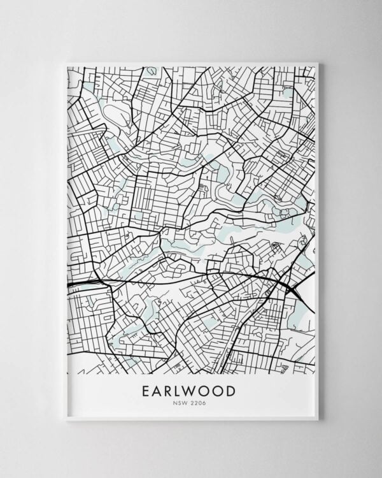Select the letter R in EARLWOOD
172,391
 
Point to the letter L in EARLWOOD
183,391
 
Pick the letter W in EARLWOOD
195,391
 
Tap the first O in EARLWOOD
209,391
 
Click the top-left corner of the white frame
66,62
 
